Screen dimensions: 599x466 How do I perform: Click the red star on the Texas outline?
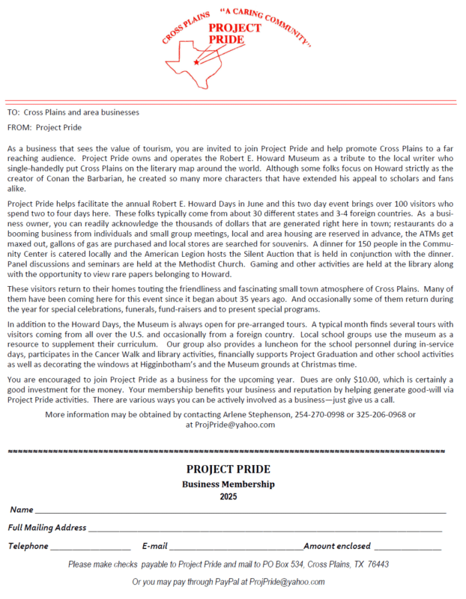click(x=196, y=62)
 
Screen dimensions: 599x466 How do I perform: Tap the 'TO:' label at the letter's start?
click(x=13, y=112)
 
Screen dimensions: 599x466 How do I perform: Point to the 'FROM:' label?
click(x=20, y=127)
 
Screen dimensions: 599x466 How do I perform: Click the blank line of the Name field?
click(x=240, y=511)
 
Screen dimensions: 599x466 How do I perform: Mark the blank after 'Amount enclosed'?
click(x=408, y=548)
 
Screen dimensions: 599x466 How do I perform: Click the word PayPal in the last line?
click(x=214, y=582)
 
